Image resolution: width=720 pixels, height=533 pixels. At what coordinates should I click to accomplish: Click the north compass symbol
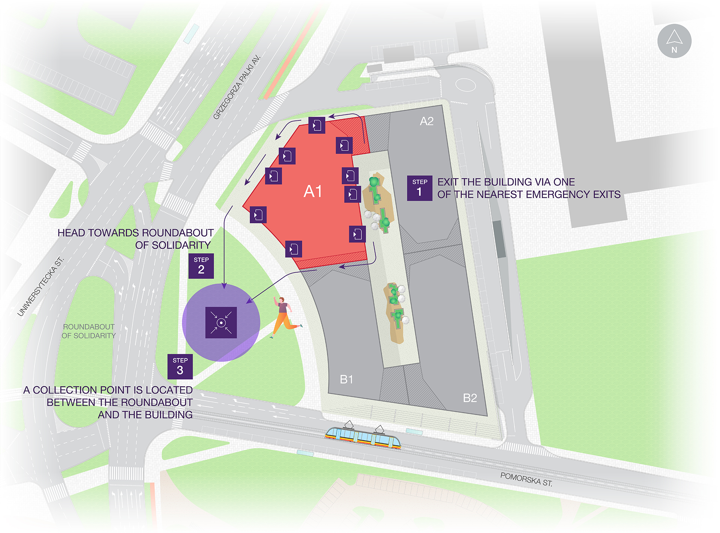674,41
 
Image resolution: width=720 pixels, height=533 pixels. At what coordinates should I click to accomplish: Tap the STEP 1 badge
420,188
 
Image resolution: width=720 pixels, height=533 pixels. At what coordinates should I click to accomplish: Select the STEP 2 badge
201,266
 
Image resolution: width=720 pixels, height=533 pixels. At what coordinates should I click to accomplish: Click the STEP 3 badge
180,366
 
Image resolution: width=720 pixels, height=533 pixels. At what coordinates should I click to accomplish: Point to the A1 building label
313,191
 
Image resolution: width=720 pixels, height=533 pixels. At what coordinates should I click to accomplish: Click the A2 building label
426,121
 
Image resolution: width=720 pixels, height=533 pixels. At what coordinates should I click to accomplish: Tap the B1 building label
346,379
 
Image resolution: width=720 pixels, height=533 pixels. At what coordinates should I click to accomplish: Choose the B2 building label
469,398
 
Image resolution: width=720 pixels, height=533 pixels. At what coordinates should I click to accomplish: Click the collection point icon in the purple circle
221,322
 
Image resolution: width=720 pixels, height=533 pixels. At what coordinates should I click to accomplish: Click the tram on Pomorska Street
363,437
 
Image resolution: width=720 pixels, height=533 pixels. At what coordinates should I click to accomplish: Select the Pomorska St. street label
526,479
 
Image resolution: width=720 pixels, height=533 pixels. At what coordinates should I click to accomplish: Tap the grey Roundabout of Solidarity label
88,331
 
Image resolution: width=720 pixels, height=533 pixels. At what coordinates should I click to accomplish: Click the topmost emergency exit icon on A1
317,125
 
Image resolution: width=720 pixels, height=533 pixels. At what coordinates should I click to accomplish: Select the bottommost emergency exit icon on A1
294,249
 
